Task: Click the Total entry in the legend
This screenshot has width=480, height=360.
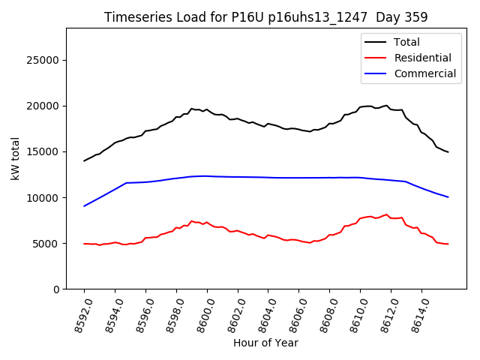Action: click(x=406, y=42)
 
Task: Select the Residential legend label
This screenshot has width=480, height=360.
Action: click(x=423, y=58)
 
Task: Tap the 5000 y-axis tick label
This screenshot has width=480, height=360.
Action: click(x=46, y=244)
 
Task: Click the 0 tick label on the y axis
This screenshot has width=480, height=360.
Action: click(x=56, y=289)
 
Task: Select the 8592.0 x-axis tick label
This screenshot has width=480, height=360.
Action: click(x=75, y=314)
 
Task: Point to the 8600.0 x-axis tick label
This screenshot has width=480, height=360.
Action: click(x=198, y=314)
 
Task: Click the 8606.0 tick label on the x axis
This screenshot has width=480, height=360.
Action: click(x=289, y=314)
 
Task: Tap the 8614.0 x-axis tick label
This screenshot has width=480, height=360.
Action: click(x=412, y=314)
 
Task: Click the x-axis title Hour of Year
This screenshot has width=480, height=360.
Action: click(x=265, y=343)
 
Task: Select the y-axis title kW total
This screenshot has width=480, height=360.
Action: click(x=15, y=158)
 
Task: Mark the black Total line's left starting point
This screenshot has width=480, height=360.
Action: click(x=84, y=160)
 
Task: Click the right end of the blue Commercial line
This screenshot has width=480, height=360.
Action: click(x=448, y=197)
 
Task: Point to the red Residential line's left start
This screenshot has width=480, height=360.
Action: click(x=84, y=244)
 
